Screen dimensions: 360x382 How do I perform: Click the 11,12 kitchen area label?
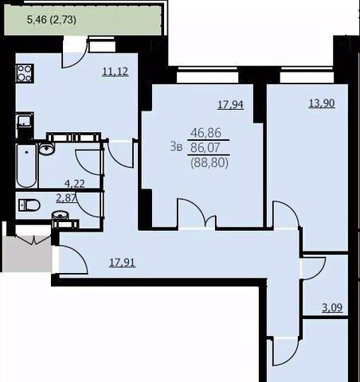point(115,71)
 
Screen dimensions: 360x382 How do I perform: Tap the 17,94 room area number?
point(230,104)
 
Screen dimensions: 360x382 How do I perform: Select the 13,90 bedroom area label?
point(322,103)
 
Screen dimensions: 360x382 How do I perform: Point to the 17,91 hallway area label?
point(123,263)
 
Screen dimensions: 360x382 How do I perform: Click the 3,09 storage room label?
point(332,308)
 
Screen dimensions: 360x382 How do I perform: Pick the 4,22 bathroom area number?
point(75,184)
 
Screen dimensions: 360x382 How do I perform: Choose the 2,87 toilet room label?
point(66,197)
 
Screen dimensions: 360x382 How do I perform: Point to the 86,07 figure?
point(205,147)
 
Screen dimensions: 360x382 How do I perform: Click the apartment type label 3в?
point(176,146)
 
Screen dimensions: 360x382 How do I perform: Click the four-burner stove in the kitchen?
point(25,73)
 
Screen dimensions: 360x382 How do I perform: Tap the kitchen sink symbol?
point(25,121)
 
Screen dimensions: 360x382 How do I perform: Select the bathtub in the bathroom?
point(26,166)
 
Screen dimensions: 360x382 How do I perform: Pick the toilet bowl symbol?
point(29,205)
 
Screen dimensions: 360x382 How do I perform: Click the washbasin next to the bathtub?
point(47,148)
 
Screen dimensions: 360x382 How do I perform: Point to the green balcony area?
point(83,20)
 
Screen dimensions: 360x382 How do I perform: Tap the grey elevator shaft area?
point(27,254)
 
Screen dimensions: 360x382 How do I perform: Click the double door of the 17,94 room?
point(197,212)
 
